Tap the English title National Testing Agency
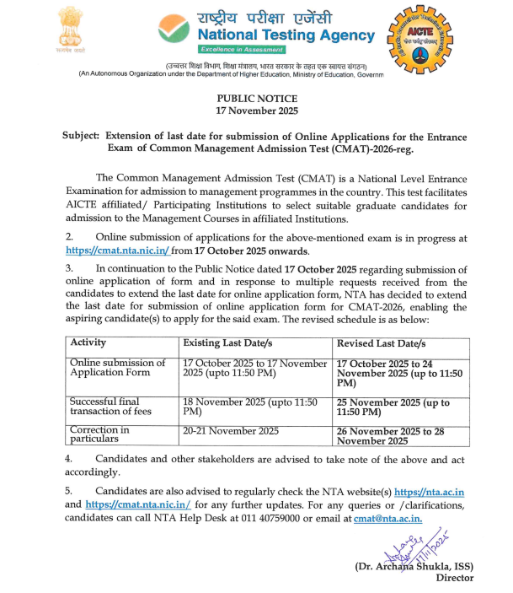click(286, 35)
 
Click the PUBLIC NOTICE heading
click(256, 99)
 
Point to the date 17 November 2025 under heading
click(256, 111)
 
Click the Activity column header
click(88, 344)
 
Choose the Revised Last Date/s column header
click(382, 344)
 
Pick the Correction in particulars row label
click(99, 435)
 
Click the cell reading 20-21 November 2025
click(231, 431)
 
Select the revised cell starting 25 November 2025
click(393, 408)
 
